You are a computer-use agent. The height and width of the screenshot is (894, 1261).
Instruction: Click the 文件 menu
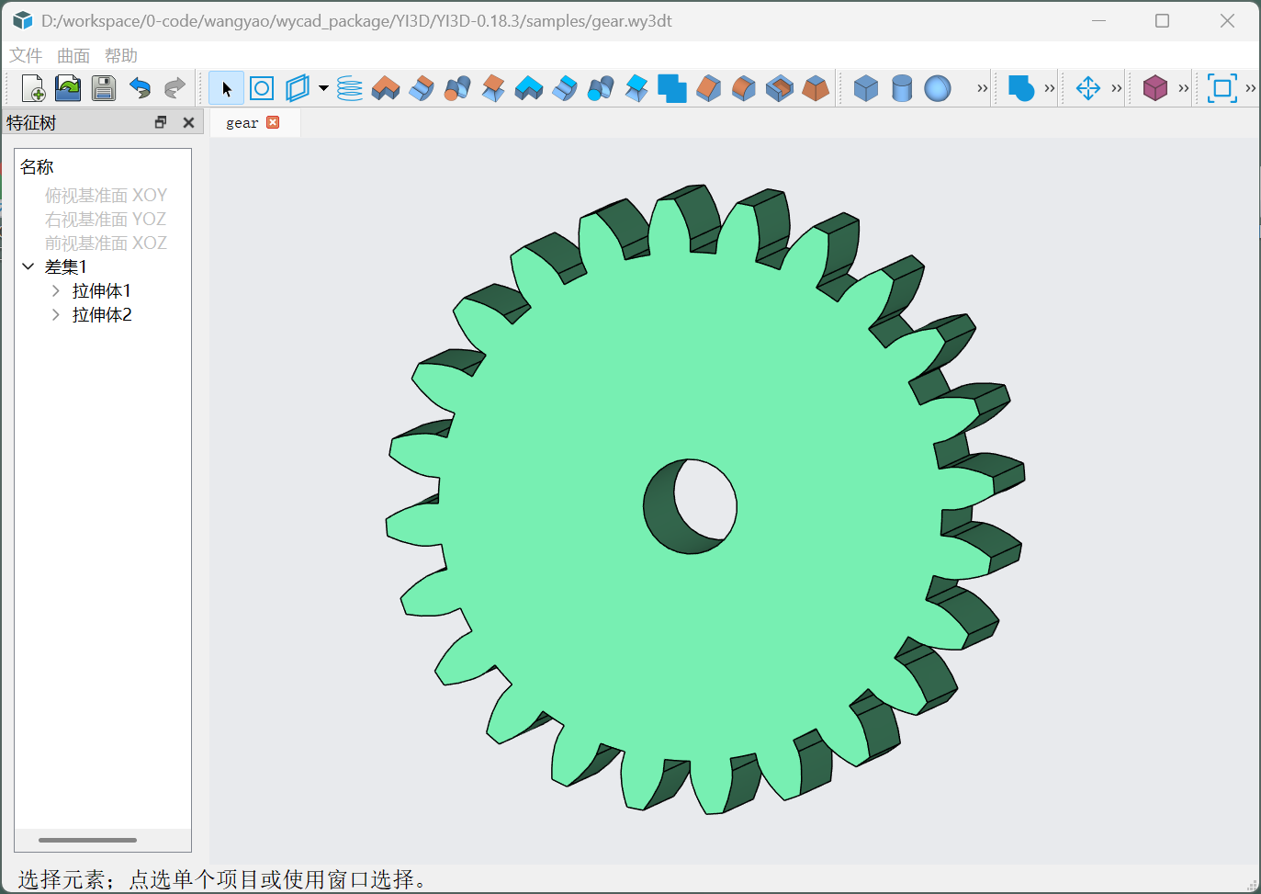pyautogui.click(x=26, y=55)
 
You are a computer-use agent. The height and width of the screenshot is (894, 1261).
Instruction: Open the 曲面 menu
pyautogui.click(x=73, y=55)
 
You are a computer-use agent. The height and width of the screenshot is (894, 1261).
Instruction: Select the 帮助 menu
pyautogui.click(x=121, y=55)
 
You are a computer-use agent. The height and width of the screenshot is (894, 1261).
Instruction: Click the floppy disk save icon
pyautogui.click(x=104, y=88)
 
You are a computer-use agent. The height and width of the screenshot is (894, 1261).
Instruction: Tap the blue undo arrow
pyautogui.click(x=140, y=88)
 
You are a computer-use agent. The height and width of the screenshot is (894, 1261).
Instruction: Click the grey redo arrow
pyautogui.click(x=175, y=88)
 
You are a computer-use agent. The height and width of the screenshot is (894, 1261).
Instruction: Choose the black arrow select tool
pyautogui.click(x=226, y=88)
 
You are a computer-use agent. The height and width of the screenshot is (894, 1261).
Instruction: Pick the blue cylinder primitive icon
pyautogui.click(x=902, y=88)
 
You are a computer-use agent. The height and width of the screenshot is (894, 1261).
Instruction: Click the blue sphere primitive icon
pyautogui.click(x=938, y=88)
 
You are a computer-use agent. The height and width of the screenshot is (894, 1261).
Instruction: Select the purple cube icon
pyautogui.click(x=1155, y=88)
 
